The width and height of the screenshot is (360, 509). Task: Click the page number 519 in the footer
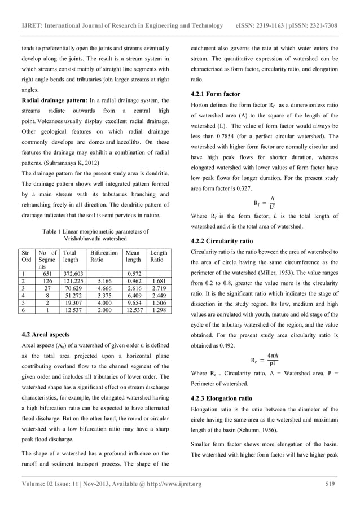point(331,484)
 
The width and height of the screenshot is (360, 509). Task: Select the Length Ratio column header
point(159,258)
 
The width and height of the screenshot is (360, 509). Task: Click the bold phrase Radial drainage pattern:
point(53,100)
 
